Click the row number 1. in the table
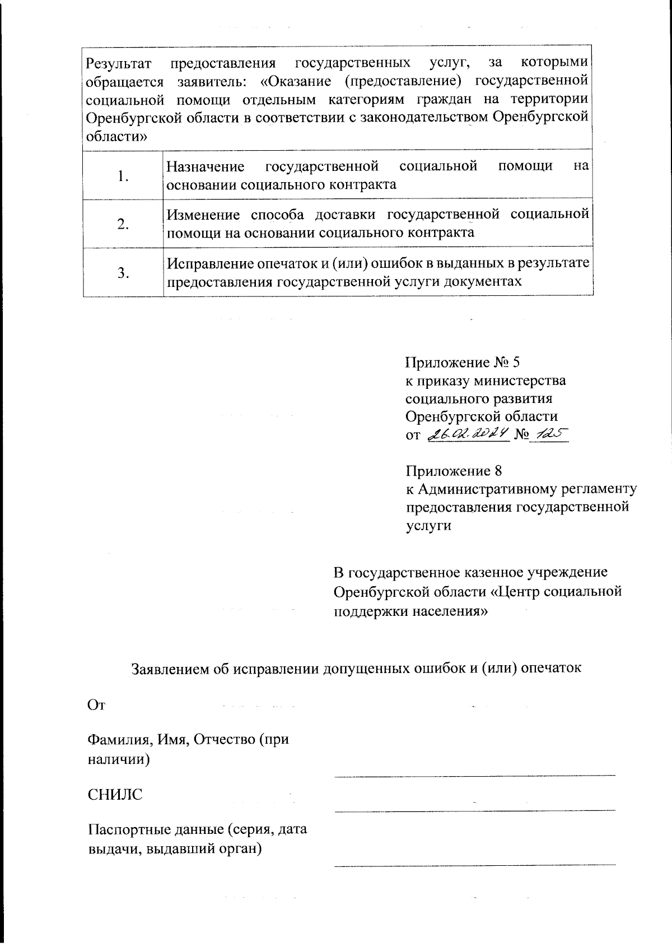point(123,176)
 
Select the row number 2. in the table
point(123,225)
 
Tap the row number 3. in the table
point(123,273)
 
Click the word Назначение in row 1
point(206,166)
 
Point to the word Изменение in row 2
point(204,215)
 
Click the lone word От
point(96,705)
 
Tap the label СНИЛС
point(115,795)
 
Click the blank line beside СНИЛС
point(475,809)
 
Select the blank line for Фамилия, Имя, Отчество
point(475,774)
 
